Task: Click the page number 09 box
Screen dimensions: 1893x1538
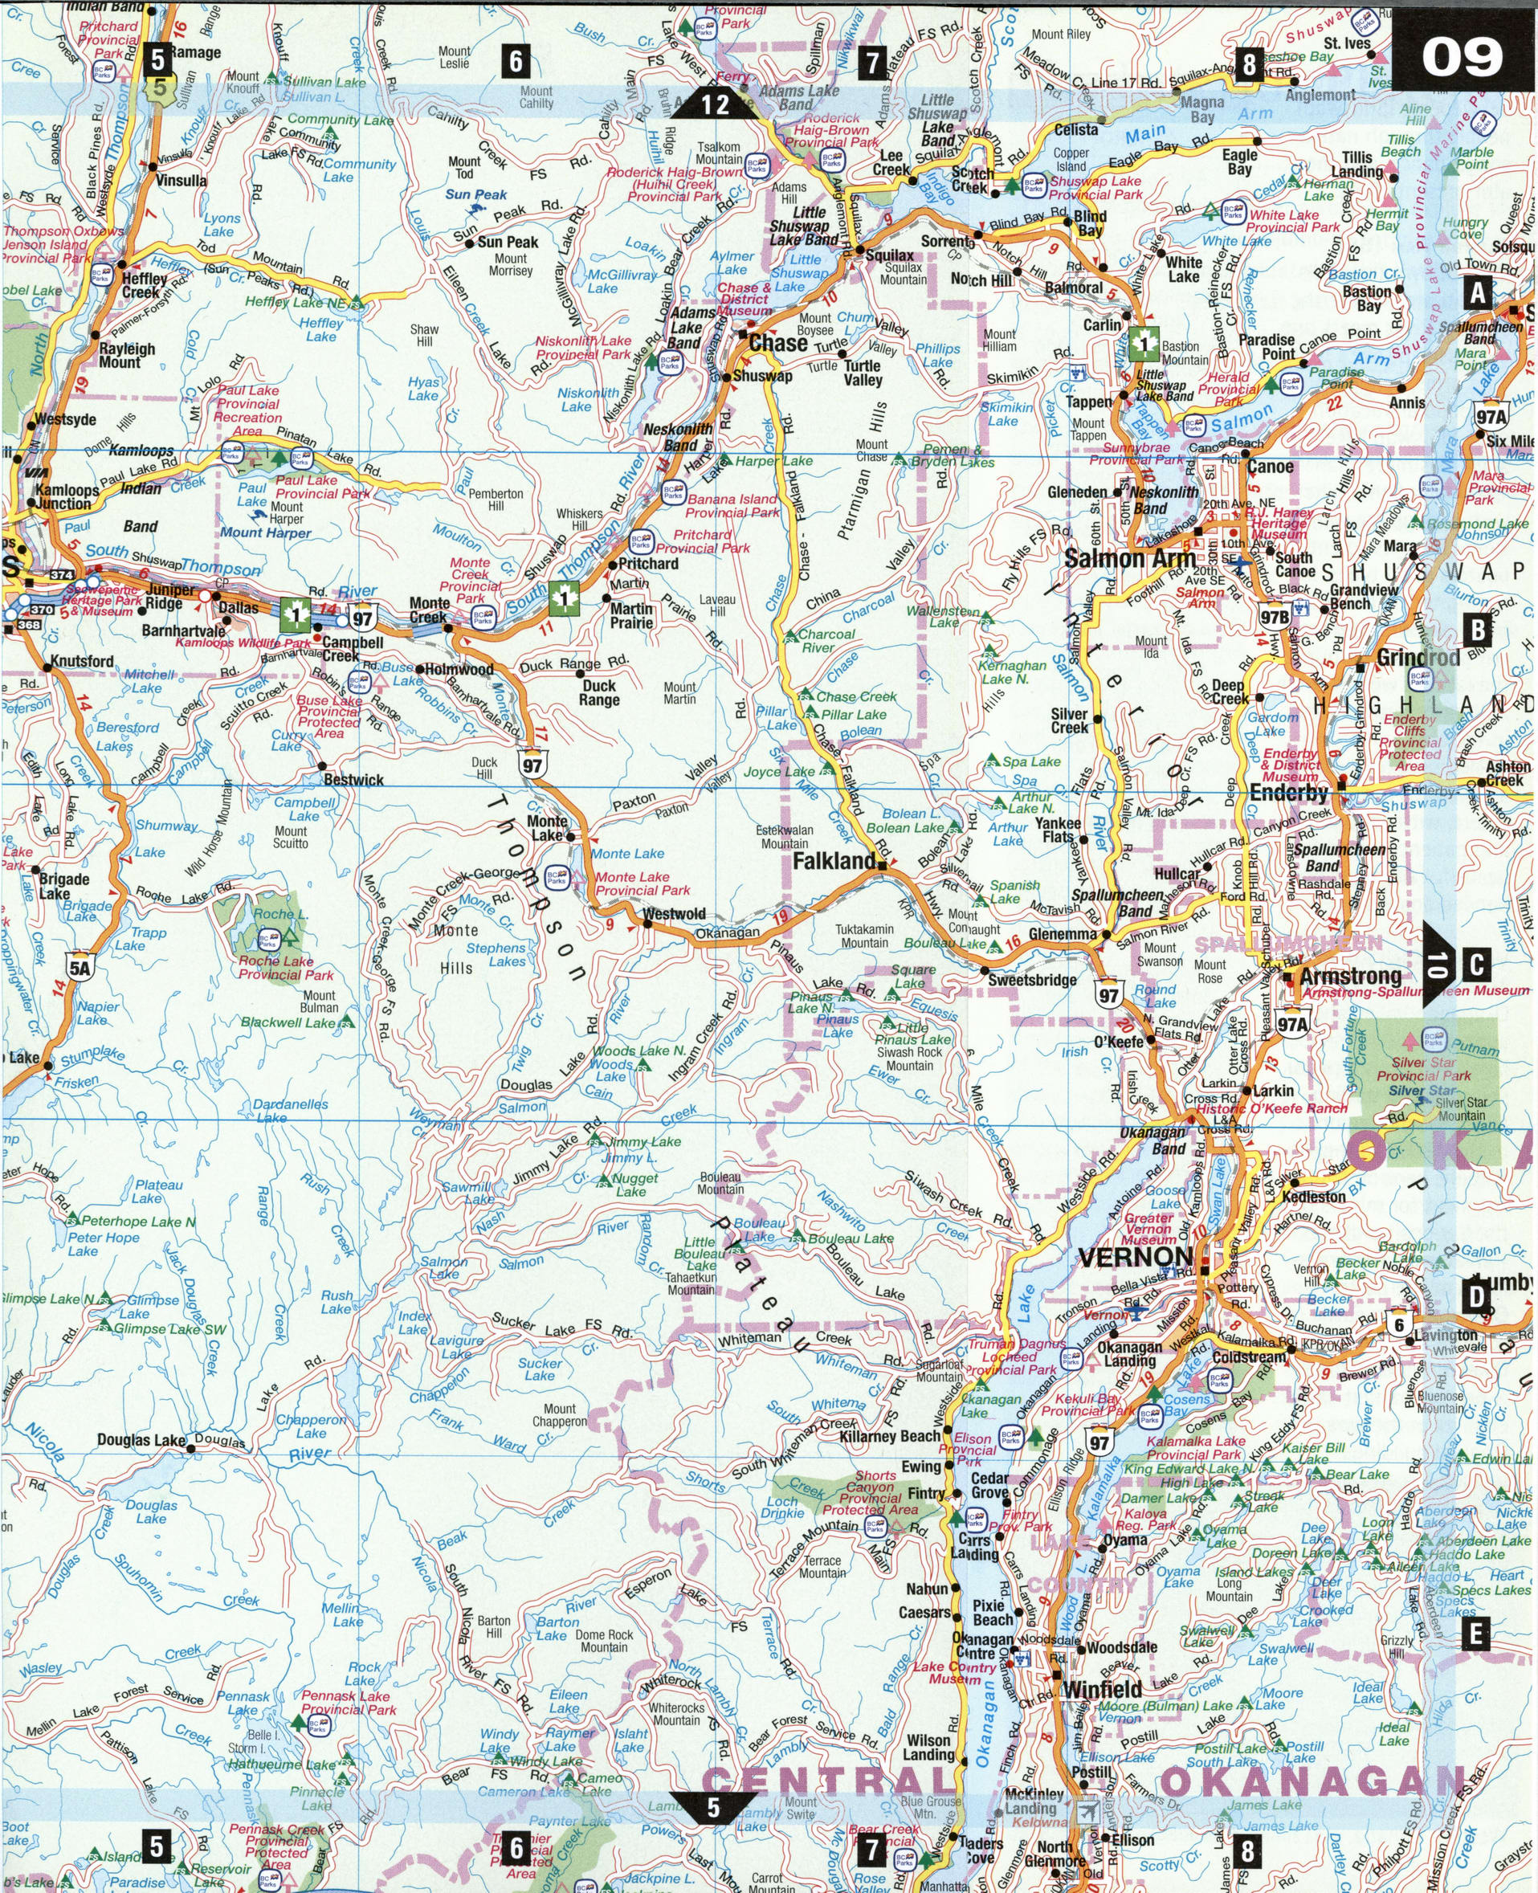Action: (x=1463, y=58)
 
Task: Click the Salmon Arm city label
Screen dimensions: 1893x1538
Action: (x=1129, y=559)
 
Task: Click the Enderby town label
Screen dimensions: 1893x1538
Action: (x=1289, y=792)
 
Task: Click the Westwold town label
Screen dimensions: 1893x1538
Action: (x=674, y=913)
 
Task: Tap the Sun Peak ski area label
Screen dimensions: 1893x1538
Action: (x=475, y=194)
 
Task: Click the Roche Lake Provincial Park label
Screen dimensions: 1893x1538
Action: (x=284, y=969)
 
